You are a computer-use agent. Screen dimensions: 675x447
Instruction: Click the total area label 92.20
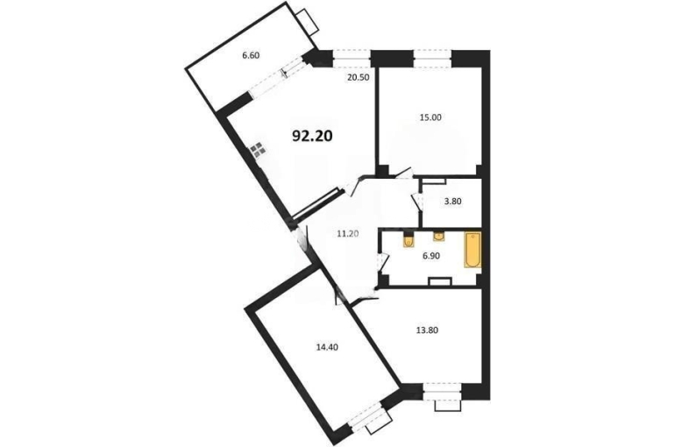coord(312,136)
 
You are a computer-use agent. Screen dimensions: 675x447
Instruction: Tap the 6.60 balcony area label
coord(251,55)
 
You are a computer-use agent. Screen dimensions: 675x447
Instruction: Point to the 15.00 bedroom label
coord(430,117)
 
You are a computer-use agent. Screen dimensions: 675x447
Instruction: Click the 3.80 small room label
coord(453,201)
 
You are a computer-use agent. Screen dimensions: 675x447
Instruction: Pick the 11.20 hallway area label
coord(348,234)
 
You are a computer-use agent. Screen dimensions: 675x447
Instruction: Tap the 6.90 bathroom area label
coord(431,256)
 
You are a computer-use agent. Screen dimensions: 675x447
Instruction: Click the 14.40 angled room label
coord(327,347)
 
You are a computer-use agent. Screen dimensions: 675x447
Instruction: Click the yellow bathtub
coord(472,251)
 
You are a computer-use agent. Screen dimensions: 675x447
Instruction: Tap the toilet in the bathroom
coord(409,239)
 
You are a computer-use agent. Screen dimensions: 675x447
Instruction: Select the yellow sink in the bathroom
coord(438,236)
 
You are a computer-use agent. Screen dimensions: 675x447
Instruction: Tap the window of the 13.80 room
coord(442,392)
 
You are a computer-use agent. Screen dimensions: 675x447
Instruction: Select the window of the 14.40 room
coord(366,415)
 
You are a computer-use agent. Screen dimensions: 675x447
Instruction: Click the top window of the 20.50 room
coord(352,59)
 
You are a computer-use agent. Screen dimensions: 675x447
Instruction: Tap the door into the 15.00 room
coord(404,174)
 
